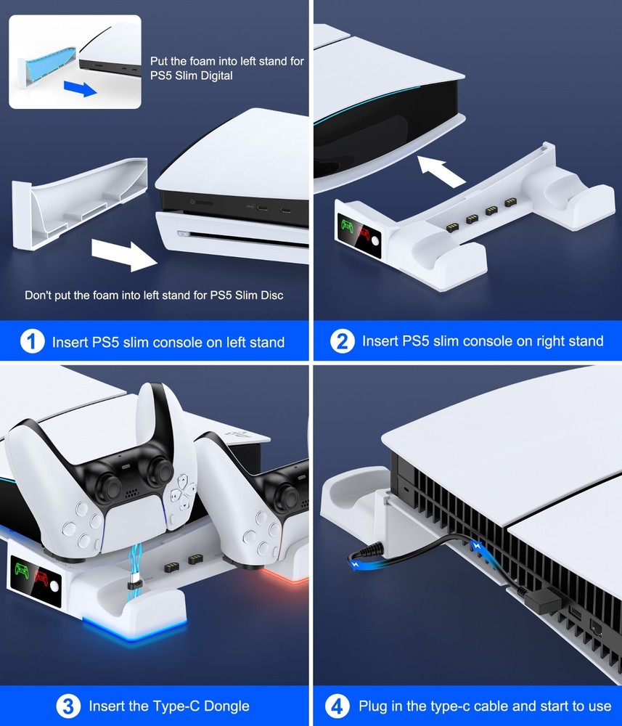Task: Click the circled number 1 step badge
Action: coord(33,340)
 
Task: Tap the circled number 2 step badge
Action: coord(343,340)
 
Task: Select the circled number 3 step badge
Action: coord(67,706)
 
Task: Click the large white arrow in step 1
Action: coord(124,254)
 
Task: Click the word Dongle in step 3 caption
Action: coord(224,706)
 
